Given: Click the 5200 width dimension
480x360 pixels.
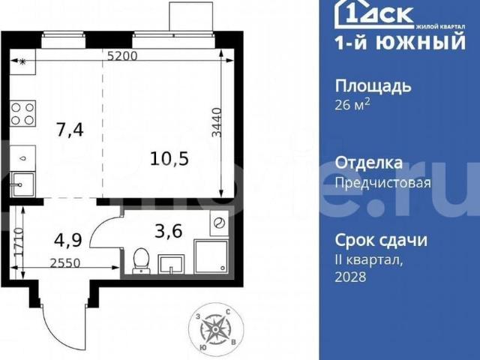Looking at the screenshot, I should (122, 55).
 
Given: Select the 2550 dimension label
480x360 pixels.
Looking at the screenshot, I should (66, 264).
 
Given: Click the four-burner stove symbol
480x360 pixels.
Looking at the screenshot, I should (22, 114).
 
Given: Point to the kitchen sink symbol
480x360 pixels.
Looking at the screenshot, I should (22, 182).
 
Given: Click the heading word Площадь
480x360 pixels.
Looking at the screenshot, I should (372, 85).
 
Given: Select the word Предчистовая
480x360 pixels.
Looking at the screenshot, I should (382, 182).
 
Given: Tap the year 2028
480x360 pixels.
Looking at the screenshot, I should (349, 277).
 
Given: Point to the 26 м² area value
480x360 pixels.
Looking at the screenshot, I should (352, 104).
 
